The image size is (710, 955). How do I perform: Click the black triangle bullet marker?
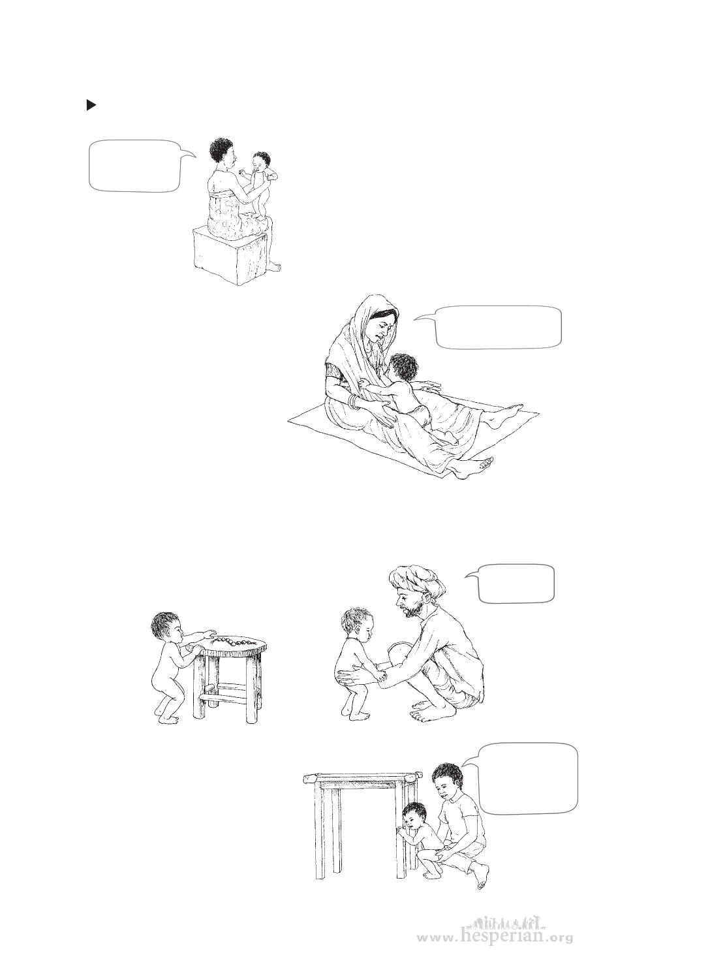[91, 104]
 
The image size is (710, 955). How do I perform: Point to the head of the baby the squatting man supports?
[356, 624]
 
